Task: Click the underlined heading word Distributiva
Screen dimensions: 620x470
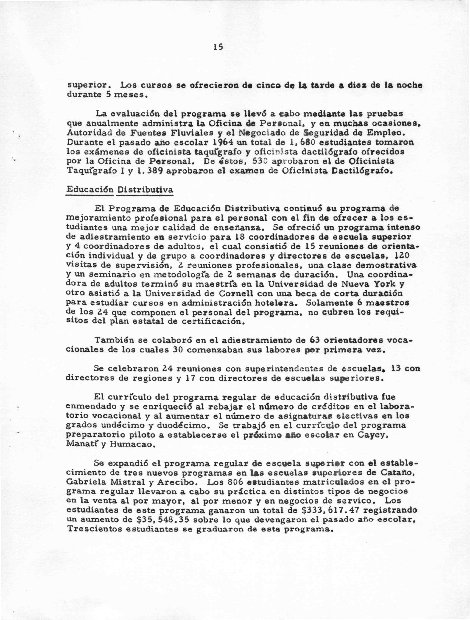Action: (x=145, y=190)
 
